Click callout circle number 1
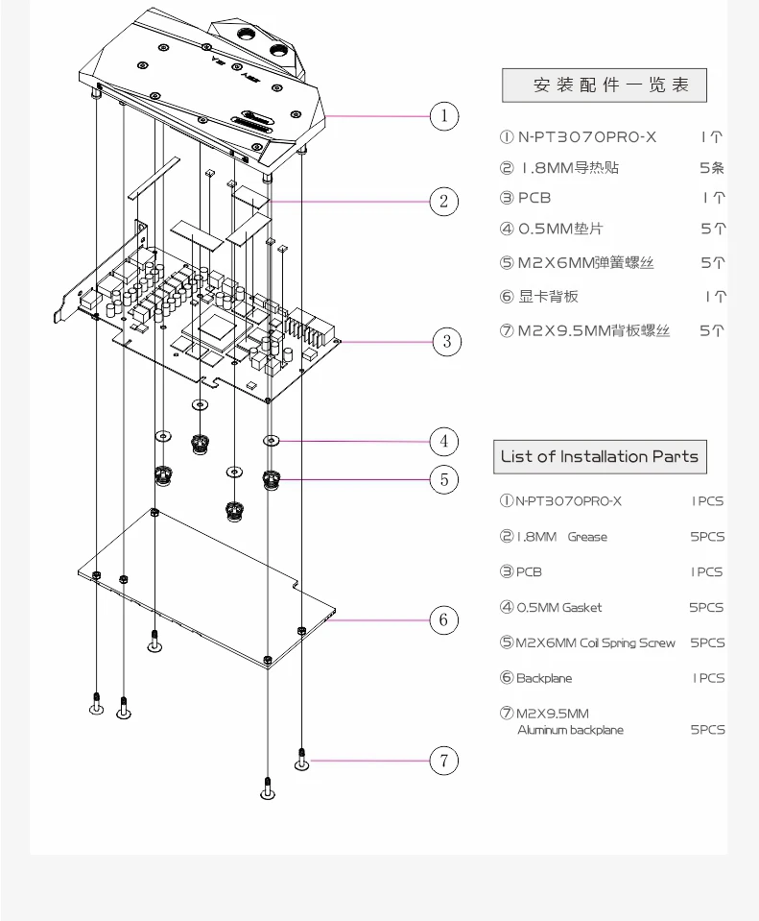click(x=443, y=117)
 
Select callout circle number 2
click(x=443, y=201)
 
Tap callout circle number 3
click(x=446, y=341)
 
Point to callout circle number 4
click(x=443, y=442)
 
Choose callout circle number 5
click(x=443, y=478)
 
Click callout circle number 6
click(x=442, y=619)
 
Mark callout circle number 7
click(x=443, y=761)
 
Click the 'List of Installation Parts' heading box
click(x=600, y=456)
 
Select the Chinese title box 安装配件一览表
click(x=604, y=85)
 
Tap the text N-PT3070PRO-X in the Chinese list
click(x=587, y=137)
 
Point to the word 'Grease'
click(x=587, y=537)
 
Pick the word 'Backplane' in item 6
click(x=544, y=678)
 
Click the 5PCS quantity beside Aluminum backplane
click(x=707, y=730)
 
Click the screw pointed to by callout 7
click(x=301, y=760)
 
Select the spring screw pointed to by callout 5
click(x=272, y=478)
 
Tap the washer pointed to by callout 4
click(x=272, y=442)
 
